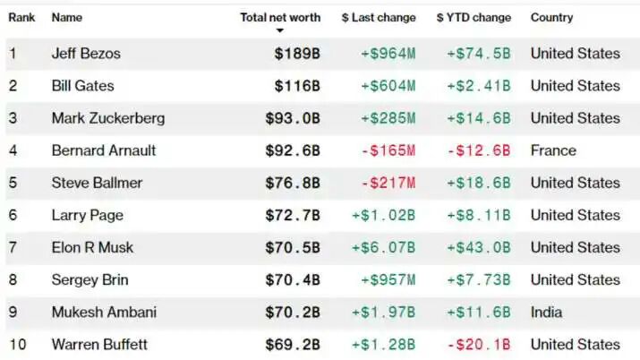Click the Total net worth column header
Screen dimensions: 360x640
[279, 17]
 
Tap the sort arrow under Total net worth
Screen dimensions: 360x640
[279, 30]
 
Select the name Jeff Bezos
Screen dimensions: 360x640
[86, 54]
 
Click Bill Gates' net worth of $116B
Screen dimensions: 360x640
[297, 86]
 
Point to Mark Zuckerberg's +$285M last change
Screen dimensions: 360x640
[388, 118]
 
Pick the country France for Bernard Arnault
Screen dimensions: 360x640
[553, 150]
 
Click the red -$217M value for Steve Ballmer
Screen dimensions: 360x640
[388, 183]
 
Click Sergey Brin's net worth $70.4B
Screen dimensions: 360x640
[293, 279]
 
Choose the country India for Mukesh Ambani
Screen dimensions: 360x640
[547, 312]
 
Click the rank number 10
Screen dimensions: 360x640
[15, 344]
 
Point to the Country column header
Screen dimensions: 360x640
[551, 17]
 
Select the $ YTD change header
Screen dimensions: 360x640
[474, 17]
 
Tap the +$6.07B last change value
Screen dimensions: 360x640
[383, 247]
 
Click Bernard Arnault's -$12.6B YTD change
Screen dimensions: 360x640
[479, 150]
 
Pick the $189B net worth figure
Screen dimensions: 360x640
[297, 54]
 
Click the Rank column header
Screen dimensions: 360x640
[21, 17]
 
